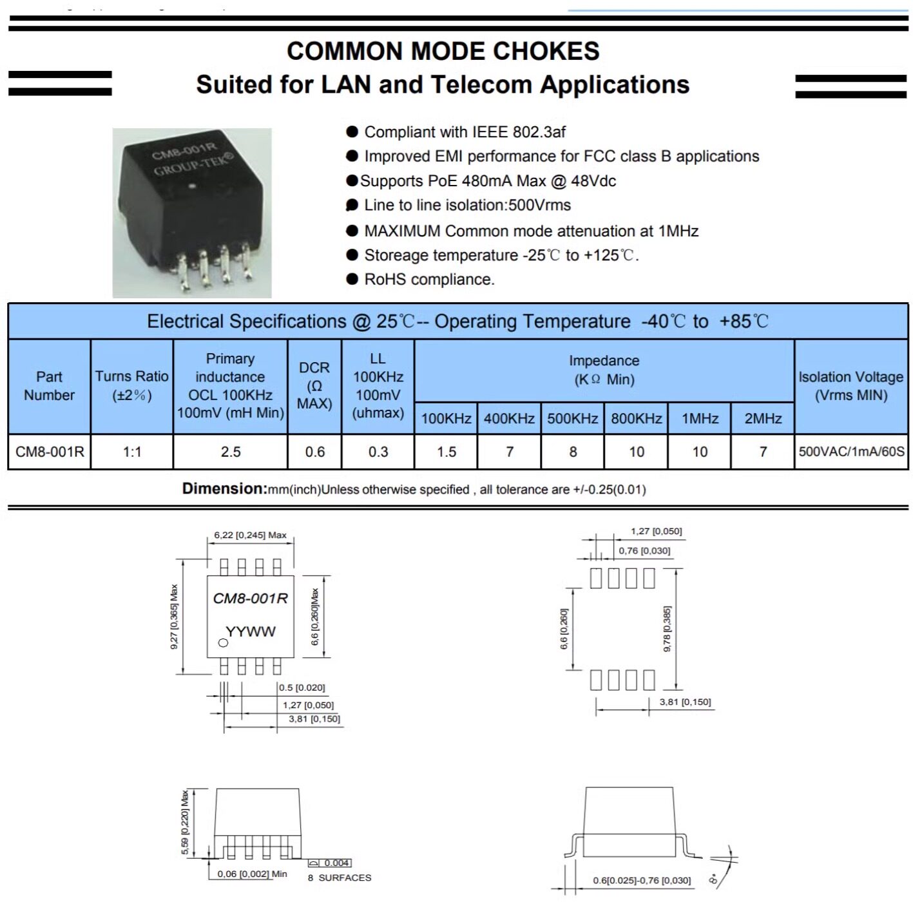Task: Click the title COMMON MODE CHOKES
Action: (443, 51)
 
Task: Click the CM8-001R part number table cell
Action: (50, 452)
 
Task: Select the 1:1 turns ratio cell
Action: (132, 452)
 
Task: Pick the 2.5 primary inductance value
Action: (230, 452)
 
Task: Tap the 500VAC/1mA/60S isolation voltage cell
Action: (851, 452)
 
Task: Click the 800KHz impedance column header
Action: (636, 418)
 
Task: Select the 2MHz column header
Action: (762, 418)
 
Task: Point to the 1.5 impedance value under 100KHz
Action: (446, 452)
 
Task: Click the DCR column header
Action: (314, 386)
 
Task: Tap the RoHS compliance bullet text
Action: (428, 280)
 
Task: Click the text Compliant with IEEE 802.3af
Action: (465, 132)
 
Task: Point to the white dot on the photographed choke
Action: (191, 186)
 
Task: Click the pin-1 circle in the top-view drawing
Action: (223, 643)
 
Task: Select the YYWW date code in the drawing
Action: (250, 631)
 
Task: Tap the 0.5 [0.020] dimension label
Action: (302, 687)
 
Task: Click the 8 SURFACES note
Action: (340, 878)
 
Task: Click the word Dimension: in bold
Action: (225, 488)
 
